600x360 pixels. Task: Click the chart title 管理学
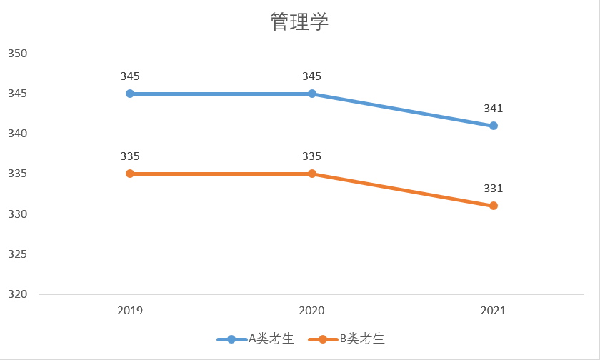pyautogui.click(x=299, y=22)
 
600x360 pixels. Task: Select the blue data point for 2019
pyautogui.click(x=130, y=94)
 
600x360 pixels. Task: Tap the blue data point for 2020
pyautogui.click(x=312, y=94)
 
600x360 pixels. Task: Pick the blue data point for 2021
pyautogui.click(x=494, y=126)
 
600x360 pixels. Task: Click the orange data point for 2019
pyautogui.click(x=130, y=174)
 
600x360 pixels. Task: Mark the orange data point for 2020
pyautogui.click(x=312, y=174)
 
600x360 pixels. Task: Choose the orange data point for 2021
pyautogui.click(x=494, y=206)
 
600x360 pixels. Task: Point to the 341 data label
pyautogui.click(x=494, y=109)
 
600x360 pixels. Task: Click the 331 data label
pyautogui.click(x=494, y=189)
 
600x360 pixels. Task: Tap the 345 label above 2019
pyautogui.click(x=130, y=76)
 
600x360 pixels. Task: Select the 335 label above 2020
pyautogui.click(x=312, y=156)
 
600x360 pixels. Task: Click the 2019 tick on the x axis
pyautogui.click(x=130, y=311)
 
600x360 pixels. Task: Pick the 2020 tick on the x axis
pyautogui.click(x=312, y=311)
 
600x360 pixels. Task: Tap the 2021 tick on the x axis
pyautogui.click(x=494, y=311)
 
